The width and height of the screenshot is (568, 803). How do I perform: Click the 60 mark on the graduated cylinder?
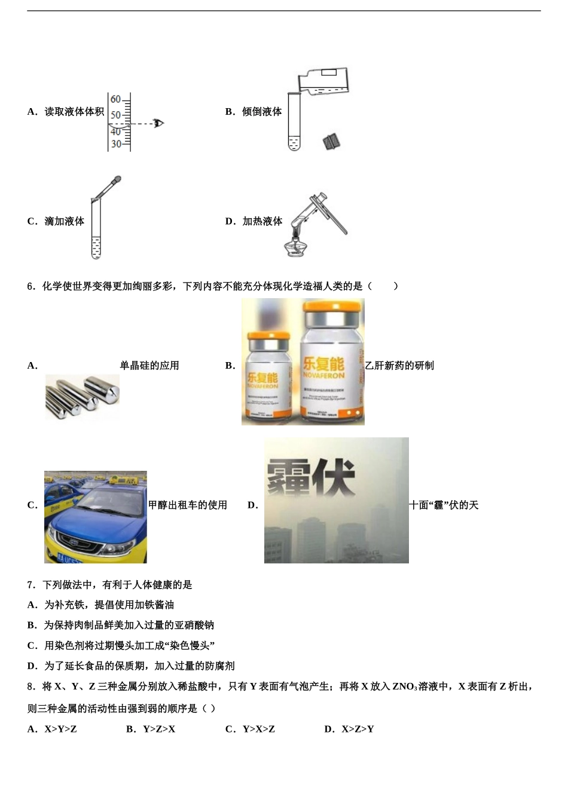(115, 99)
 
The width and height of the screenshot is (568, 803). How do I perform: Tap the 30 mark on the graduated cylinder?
(115, 144)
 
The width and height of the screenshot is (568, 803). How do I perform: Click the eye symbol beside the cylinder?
(158, 124)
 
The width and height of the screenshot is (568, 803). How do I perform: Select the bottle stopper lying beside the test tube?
(331, 142)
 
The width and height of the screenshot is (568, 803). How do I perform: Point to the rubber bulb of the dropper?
(117, 179)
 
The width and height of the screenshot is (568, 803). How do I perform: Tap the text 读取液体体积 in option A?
(74, 112)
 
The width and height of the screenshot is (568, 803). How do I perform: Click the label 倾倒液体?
(262, 112)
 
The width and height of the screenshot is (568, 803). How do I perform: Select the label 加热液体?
(262, 221)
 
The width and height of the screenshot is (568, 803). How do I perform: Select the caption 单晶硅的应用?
(149, 366)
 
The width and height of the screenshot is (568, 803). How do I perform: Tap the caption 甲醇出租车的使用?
(188, 505)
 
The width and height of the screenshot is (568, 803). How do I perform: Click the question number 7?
(30, 585)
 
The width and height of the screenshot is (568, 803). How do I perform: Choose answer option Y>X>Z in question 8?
(258, 729)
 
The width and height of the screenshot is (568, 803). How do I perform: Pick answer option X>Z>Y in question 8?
(358, 729)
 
